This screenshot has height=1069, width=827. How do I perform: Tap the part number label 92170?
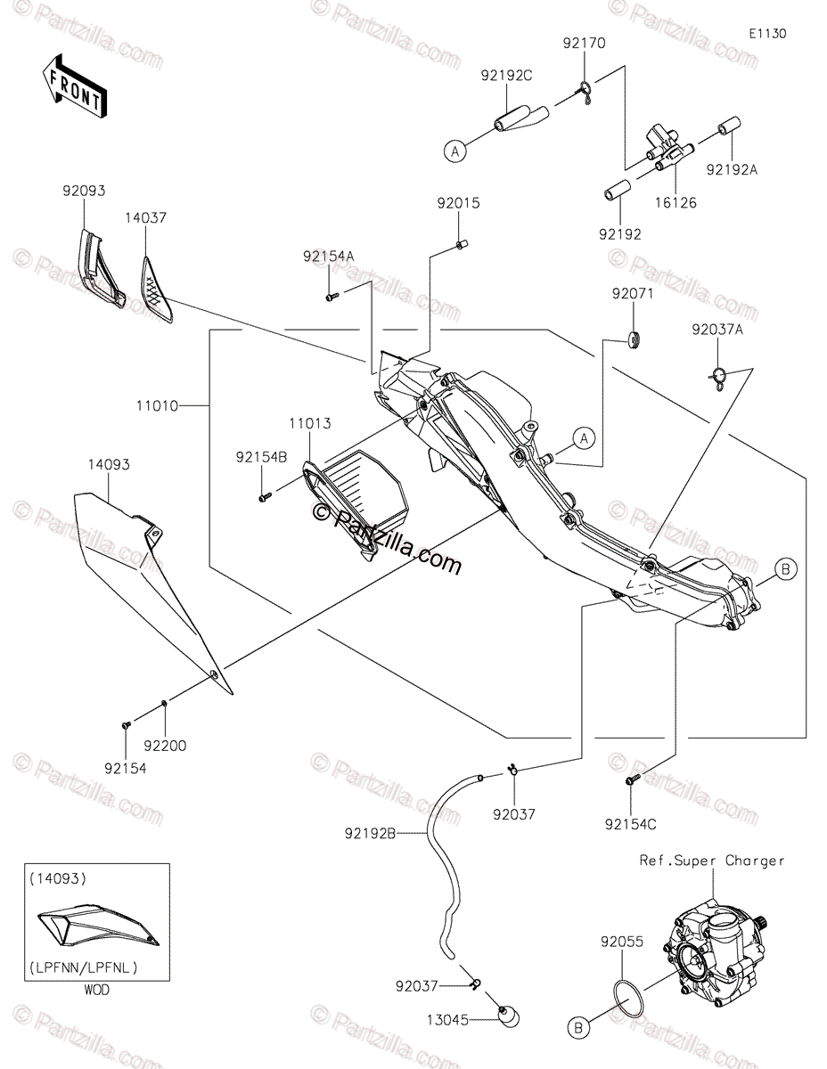[x=584, y=44]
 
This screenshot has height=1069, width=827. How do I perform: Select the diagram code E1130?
[x=767, y=34]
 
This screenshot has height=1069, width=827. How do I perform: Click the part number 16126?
[x=676, y=202]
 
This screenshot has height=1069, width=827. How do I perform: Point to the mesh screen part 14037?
[x=157, y=290]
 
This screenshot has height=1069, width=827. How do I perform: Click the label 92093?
[x=84, y=191]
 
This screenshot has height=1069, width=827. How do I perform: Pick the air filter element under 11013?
[x=367, y=492]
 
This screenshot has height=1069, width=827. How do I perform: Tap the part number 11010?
[x=157, y=406]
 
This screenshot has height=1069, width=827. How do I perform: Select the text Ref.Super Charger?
[x=711, y=861]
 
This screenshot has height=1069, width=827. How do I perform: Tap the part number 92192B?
[x=370, y=833]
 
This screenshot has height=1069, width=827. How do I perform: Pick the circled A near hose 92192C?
[x=455, y=151]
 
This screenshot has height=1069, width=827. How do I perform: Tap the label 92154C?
[x=630, y=824]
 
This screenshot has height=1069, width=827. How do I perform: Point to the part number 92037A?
[x=716, y=330]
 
